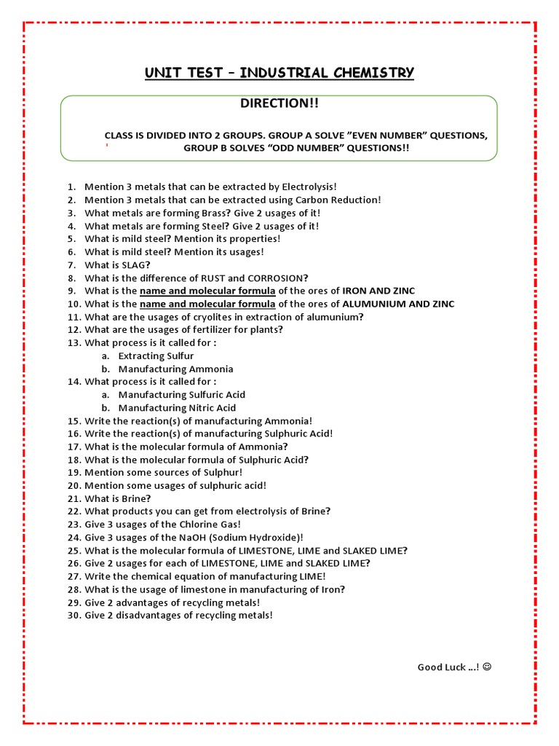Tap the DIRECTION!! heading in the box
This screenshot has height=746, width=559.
pos(279,103)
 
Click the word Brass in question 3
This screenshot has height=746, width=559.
pos(214,213)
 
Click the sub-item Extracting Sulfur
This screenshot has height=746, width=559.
pos(156,356)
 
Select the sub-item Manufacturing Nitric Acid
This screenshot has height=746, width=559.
pos(177,408)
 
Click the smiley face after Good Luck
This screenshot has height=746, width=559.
pos(487,667)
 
